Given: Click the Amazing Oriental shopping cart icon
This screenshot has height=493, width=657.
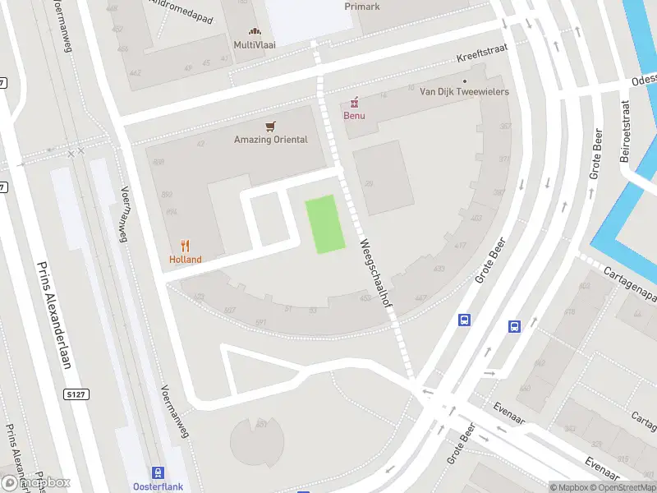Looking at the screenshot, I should [270, 127].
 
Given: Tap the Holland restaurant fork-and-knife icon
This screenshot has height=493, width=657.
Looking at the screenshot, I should [186, 245].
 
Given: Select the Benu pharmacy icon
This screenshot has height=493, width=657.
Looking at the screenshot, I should [355, 102].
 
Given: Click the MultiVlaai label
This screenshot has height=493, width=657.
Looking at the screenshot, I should [255, 44].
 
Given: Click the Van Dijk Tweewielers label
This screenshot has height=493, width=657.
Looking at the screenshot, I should [464, 91].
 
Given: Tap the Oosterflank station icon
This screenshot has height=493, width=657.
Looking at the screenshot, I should [157, 472].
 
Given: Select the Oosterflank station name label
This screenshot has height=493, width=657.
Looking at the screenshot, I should [157, 487].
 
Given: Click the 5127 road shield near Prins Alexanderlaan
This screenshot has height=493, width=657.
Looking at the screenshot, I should [75, 395].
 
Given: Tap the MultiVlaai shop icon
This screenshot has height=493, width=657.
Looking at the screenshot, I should [255, 31].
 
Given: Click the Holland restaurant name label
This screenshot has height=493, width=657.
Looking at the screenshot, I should [186, 260].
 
